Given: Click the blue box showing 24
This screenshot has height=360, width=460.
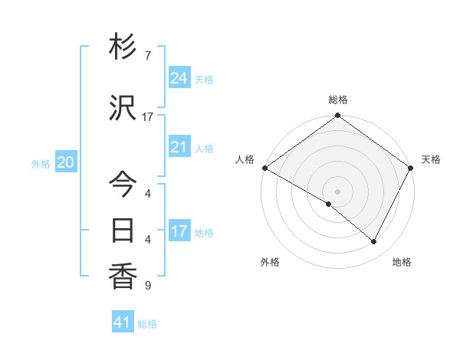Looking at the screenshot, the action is (179, 78).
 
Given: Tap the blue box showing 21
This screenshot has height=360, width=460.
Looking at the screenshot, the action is (179, 147).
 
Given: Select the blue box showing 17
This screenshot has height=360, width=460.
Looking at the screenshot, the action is (179, 231).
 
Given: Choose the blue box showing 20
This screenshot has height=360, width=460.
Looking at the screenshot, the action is (66, 162).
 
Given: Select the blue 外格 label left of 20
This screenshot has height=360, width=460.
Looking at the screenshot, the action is (40, 163).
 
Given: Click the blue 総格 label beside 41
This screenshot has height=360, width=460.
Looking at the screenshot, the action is (147, 324).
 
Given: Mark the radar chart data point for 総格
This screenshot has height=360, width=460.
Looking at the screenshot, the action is (337, 116).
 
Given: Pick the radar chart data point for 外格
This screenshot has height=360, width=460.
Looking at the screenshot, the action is (329, 204).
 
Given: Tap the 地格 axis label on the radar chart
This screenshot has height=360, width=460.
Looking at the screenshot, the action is (402, 262).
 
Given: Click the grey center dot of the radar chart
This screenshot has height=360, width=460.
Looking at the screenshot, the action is (337, 191).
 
